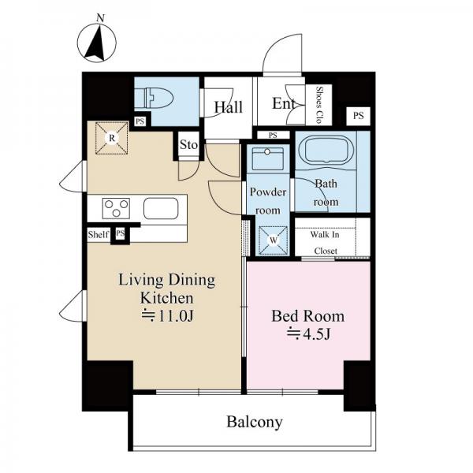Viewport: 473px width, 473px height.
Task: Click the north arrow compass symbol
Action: pos(96,43)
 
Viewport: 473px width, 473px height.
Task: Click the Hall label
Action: pos(229,107)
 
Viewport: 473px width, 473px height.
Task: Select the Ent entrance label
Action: pos(284,103)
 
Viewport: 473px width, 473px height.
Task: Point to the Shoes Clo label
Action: pos(318,105)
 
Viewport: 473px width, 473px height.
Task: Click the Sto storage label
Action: pos(189,145)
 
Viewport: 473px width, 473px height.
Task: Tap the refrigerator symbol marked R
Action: pos(112,138)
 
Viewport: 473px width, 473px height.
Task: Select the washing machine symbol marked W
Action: pos(274,240)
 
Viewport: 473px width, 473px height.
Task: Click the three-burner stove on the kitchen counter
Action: pos(116,208)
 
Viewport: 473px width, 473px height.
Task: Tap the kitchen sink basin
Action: pos(161,208)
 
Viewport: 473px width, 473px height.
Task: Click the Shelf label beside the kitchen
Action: pos(99,234)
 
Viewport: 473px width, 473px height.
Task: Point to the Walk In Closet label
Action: pos(325,243)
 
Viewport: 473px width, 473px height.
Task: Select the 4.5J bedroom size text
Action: pos(308,333)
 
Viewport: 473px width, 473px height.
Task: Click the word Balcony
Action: pos(255,422)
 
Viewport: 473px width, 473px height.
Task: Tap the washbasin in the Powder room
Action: pos(267,158)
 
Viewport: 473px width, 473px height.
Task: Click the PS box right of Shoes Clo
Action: pos(359,116)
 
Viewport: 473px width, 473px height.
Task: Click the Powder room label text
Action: pos(268,201)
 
